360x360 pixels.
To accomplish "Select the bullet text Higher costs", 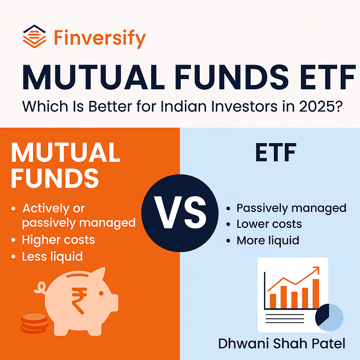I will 58,240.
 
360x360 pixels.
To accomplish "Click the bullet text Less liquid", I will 52,257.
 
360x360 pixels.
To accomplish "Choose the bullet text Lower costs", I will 269,224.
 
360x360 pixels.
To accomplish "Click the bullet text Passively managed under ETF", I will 291,208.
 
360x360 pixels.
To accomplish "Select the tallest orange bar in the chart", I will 315,293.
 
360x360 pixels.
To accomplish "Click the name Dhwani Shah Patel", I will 281,343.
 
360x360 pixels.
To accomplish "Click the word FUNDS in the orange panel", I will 55,179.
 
